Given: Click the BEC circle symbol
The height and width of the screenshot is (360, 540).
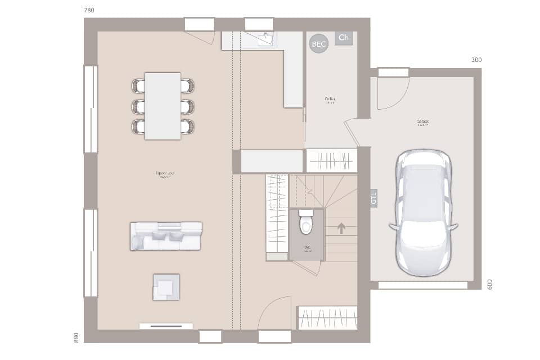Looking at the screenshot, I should [x=318, y=44].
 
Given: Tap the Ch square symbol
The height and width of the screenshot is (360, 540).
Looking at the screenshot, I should [x=343, y=38].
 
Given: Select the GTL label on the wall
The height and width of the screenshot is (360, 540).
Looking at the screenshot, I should [x=373, y=199].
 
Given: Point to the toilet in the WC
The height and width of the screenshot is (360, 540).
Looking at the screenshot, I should [x=306, y=223].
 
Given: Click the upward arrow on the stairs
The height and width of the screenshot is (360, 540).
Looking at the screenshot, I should [x=341, y=228].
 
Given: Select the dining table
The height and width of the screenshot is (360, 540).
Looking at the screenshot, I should [x=163, y=106].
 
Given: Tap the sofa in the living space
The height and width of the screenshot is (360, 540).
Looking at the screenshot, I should [x=166, y=236].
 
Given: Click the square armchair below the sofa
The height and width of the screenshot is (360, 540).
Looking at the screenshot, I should [x=166, y=287].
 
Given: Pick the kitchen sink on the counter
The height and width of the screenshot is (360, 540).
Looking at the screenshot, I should [x=265, y=38].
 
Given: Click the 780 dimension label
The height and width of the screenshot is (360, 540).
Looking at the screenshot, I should [x=89, y=11].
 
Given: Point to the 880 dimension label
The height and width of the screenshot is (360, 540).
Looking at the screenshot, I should [x=76, y=337].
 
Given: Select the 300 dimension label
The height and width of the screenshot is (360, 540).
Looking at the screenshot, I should [x=476, y=60].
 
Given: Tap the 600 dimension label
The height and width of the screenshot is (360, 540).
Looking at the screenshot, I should [x=489, y=285].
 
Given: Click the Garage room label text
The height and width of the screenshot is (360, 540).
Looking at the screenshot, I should [x=423, y=122].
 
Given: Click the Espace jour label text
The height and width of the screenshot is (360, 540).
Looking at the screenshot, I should [x=165, y=174].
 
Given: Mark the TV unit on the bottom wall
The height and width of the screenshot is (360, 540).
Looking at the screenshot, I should [x=166, y=326].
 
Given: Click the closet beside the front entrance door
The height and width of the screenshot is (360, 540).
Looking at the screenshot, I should [x=327, y=317].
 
